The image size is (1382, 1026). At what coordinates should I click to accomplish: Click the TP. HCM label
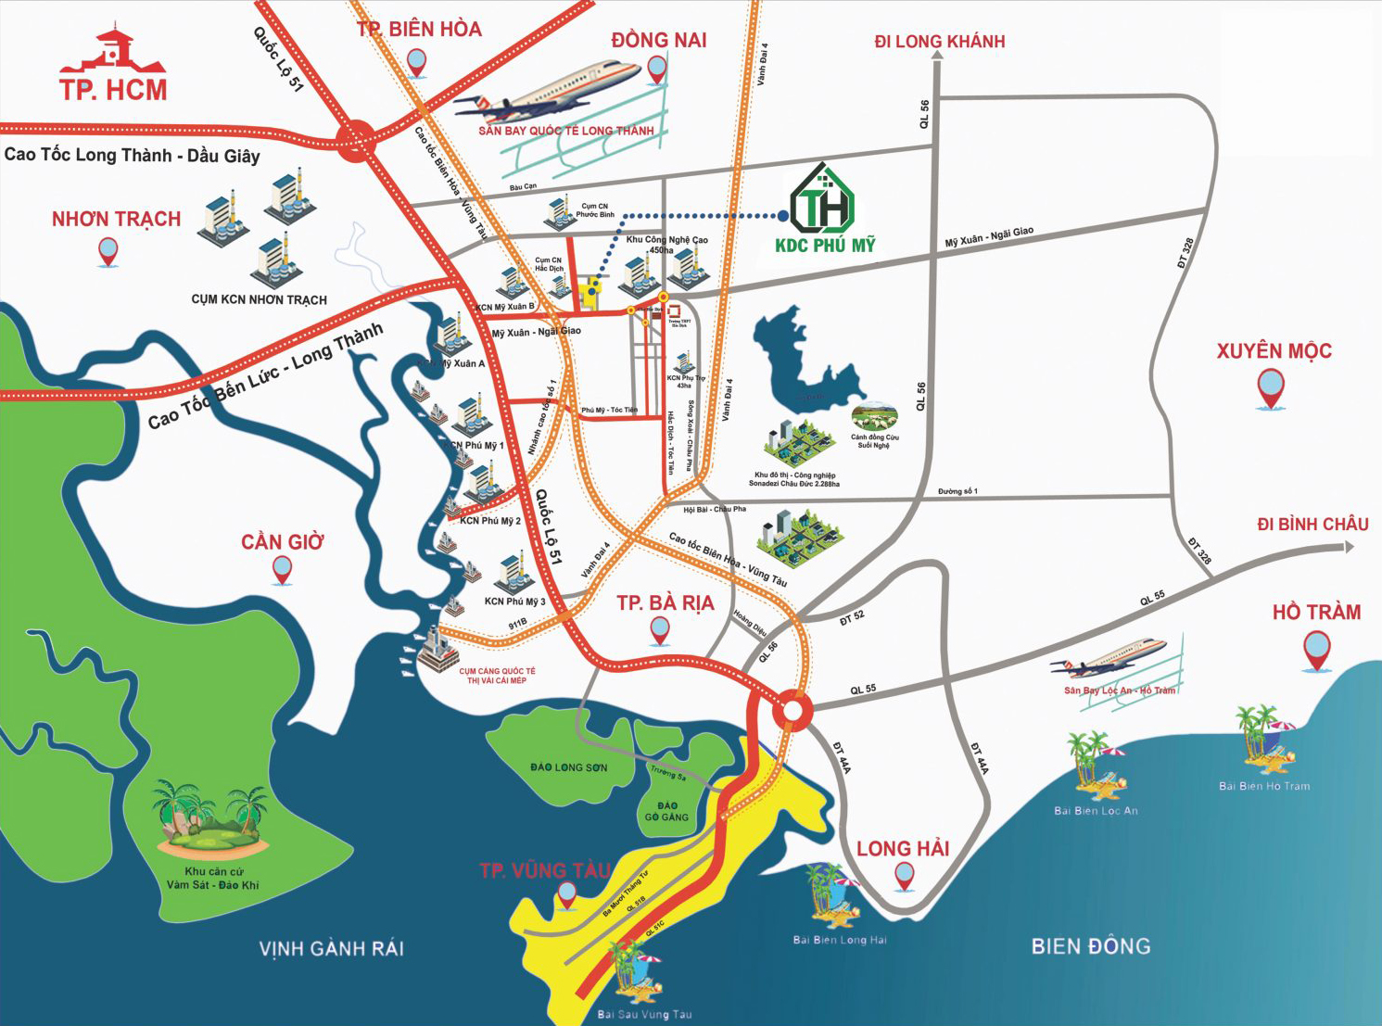(x=113, y=89)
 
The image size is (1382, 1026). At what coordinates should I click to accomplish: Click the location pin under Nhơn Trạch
(x=108, y=251)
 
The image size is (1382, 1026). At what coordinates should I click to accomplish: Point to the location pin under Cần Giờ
(x=282, y=571)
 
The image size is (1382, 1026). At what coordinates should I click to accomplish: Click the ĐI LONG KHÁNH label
(x=939, y=42)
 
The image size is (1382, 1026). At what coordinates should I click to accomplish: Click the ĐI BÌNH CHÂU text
(x=1312, y=525)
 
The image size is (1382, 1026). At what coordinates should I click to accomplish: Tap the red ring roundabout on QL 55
(x=792, y=710)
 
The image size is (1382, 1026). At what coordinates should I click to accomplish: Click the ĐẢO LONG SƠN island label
(x=569, y=767)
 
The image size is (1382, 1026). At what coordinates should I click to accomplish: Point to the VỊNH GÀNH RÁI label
(x=331, y=948)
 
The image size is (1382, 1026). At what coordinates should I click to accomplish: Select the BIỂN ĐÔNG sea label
(x=1090, y=946)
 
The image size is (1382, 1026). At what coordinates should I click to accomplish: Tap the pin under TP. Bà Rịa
(x=660, y=631)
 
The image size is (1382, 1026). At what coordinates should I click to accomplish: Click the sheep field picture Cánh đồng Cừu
(x=874, y=418)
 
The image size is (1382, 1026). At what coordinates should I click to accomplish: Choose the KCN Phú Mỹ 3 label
(x=514, y=602)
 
